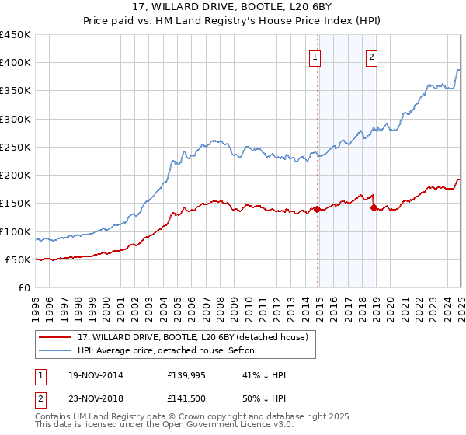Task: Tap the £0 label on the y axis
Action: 23,287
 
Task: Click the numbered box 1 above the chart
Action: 315,57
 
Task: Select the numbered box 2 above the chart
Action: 372,57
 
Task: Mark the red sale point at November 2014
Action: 318,209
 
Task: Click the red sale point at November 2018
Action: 374,207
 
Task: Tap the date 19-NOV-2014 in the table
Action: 89,375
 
